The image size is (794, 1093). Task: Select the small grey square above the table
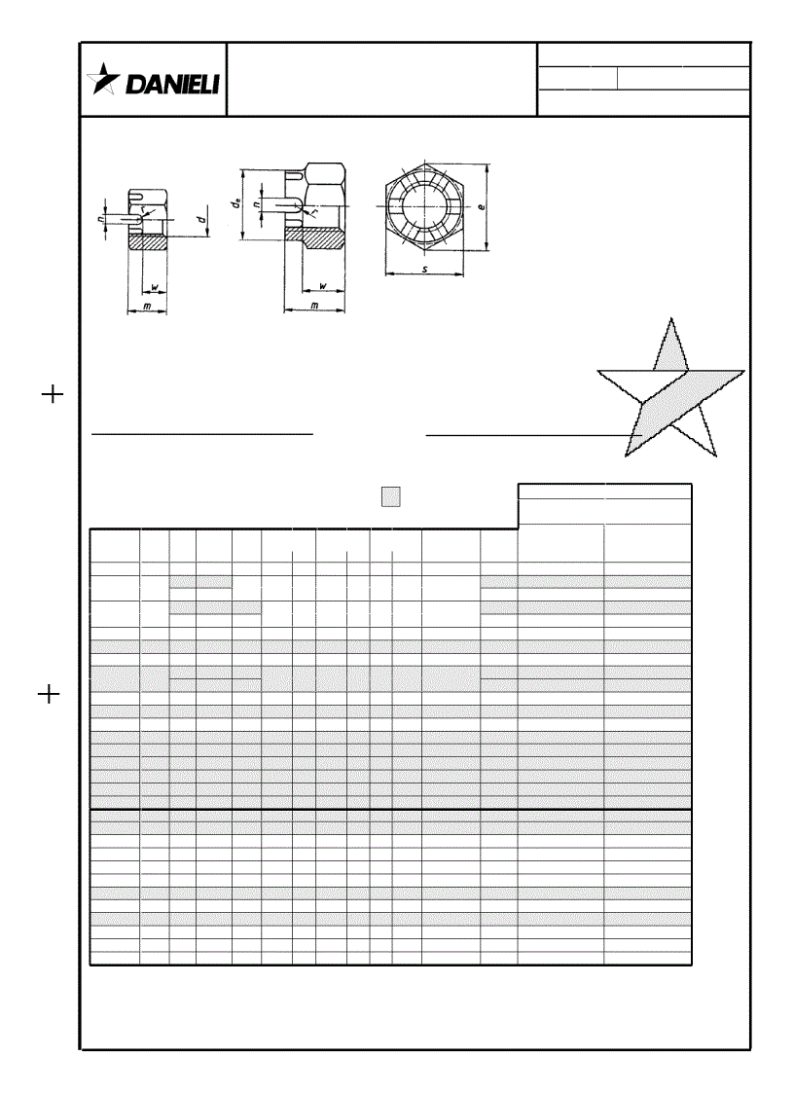pos(390,496)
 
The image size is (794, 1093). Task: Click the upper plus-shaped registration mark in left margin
pos(52,394)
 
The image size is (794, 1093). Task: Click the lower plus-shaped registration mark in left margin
pos(52,694)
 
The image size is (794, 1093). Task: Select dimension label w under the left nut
pos(156,287)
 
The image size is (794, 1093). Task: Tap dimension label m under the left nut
pos(146,307)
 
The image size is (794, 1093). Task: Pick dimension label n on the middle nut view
pos(254,204)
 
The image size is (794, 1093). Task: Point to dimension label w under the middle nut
pos(321,288)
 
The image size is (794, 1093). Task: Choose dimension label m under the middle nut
pos(313,307)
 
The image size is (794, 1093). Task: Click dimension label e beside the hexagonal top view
pos(483,207)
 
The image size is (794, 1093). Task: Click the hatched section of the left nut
pos(150,243)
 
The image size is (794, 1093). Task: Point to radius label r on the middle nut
pos(314,211)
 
